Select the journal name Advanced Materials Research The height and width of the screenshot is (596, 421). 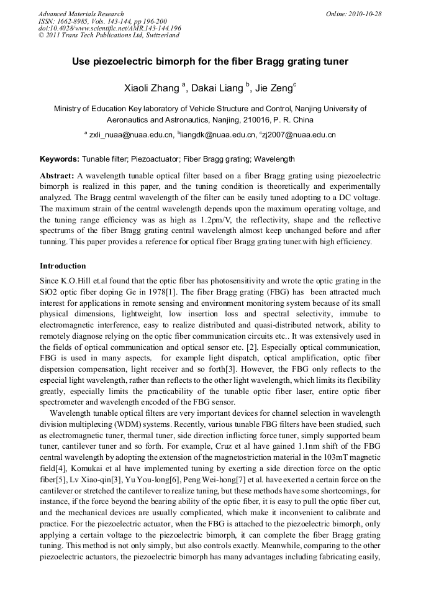click(81, 14)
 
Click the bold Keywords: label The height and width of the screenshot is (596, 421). click(60, 159)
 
